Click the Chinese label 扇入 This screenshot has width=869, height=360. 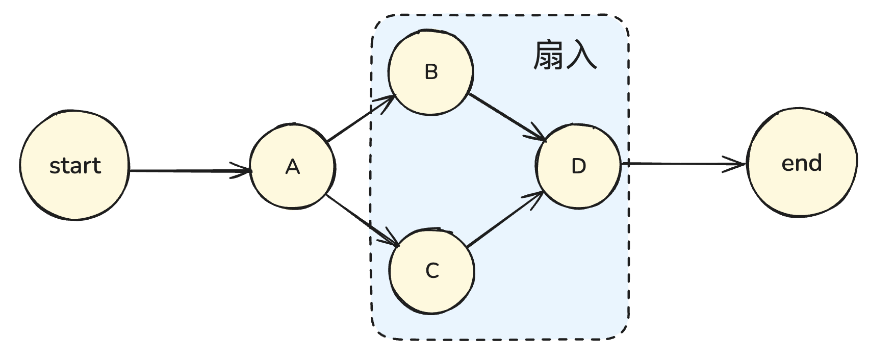(565, 55)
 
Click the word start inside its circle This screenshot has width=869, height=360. (75, 166)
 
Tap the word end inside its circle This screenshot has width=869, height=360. (802, 163)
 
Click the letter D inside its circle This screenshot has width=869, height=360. (578, 166)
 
